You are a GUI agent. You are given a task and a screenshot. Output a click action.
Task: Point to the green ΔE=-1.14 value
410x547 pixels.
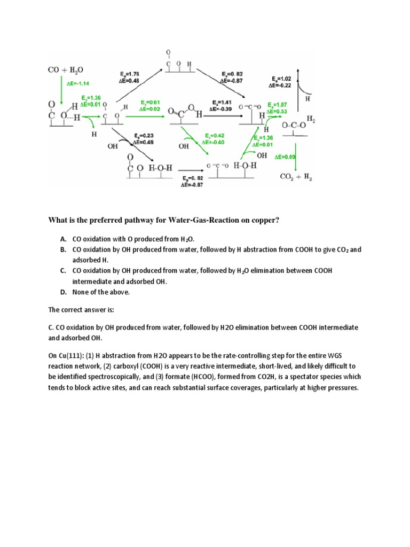78,84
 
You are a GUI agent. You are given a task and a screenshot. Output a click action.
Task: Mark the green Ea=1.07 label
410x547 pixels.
278,105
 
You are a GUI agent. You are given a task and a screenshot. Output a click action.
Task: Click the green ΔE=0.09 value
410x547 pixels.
285,158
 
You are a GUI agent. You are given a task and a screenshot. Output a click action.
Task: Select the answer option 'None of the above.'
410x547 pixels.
101,292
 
